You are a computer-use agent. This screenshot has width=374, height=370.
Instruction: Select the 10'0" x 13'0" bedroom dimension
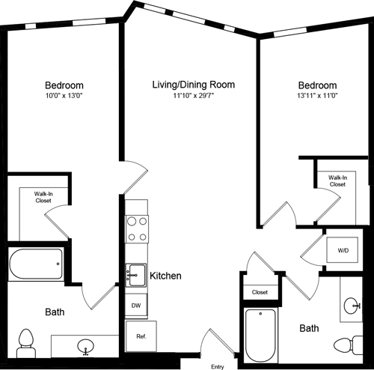63,95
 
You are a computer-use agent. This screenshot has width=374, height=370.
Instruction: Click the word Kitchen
165,276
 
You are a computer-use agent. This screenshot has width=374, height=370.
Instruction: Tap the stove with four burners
136,228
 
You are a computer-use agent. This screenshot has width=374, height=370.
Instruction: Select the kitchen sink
135,275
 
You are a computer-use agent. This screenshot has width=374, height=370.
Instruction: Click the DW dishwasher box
135,306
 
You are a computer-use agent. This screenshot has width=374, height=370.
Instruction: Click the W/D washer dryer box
343,249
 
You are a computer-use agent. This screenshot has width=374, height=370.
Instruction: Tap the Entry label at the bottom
218,366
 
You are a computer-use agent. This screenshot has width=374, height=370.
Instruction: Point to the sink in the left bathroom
87,346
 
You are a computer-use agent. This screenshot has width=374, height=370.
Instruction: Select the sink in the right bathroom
352,306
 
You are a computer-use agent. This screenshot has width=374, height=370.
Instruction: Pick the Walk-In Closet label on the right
337,181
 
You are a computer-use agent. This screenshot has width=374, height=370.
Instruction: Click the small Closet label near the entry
260,292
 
